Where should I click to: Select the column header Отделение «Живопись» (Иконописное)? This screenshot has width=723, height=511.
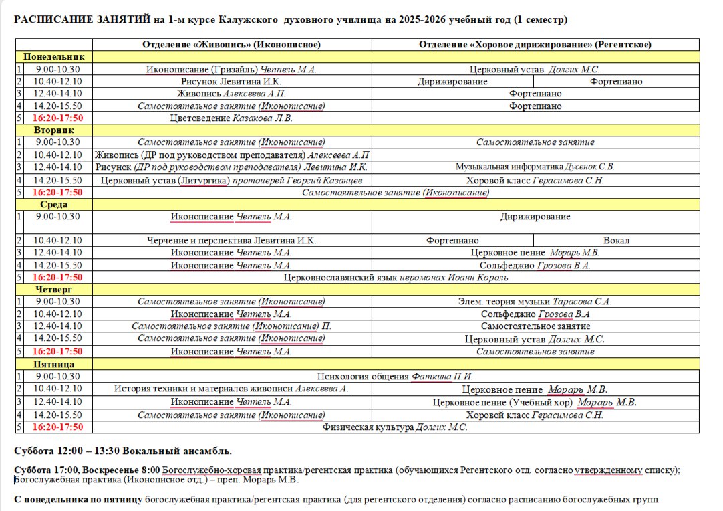[231, 45]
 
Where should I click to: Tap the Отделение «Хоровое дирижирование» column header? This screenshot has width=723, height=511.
[535, 45]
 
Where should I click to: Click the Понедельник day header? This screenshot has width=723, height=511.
[54, 57]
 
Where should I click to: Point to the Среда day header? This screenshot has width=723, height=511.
[54, 205]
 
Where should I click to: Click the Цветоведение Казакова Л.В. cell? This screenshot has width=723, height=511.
[231, 118]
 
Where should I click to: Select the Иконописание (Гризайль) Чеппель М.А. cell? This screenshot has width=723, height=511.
[231, 69]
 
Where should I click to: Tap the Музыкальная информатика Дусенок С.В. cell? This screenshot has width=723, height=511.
[535, 167]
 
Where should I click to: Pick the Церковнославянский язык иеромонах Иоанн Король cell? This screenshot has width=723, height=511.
[396, 277]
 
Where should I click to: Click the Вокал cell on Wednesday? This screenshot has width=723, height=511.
[616, 240]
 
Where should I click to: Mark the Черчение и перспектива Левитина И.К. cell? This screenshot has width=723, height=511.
[231, 240]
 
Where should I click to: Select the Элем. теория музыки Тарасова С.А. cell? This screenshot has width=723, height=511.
[535, 302]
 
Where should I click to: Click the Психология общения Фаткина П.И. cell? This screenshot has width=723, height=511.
[396, 377]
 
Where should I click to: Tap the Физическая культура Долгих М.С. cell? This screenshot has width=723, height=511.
[396, 427]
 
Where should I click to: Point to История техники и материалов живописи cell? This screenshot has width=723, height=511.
[231, 389]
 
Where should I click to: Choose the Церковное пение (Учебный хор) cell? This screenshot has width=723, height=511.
[535, 402]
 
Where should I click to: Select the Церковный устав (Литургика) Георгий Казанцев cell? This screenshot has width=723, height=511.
[231, 180]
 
